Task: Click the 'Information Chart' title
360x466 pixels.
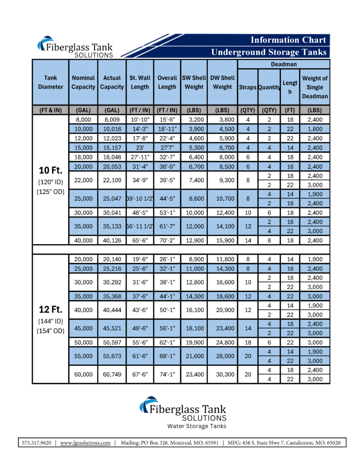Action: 288,40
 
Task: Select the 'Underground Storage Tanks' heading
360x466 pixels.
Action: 269,52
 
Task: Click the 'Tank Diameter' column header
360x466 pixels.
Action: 51,82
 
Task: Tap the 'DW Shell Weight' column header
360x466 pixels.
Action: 223,82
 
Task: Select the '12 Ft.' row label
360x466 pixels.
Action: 51,309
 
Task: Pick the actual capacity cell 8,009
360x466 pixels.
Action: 112,120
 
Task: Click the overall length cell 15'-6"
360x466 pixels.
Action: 167,120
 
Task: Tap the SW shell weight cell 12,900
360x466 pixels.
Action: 194,240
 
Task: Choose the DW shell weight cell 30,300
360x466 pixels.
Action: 223,374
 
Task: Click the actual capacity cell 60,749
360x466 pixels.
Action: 112,374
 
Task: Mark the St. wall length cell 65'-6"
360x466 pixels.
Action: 140,240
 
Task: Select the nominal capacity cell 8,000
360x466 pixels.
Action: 83,120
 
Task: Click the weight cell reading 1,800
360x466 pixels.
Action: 314,129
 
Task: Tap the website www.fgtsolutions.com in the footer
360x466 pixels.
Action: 86,442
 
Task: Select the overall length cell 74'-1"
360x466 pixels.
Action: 167,374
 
